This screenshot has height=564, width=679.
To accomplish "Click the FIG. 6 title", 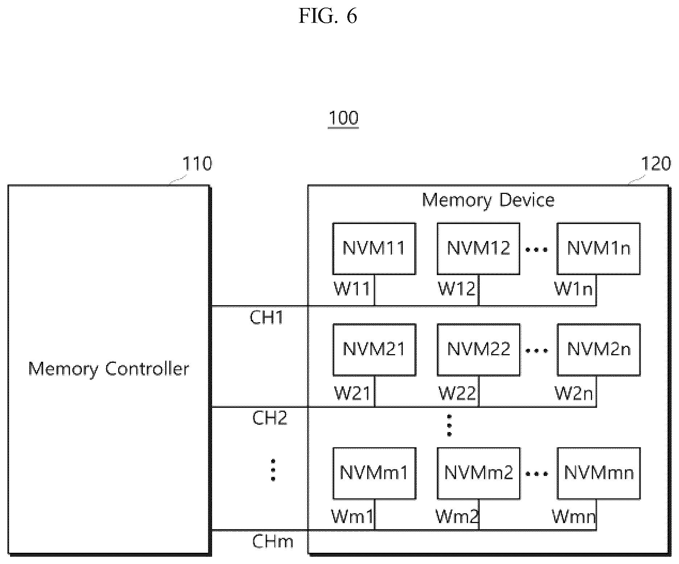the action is (328, 16).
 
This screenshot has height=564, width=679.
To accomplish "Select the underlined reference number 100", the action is (343, 119).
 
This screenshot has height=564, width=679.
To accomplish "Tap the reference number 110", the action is (197, 164).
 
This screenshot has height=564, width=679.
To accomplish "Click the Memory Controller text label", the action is (109, 369).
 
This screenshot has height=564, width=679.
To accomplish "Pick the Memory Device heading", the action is (488, 200).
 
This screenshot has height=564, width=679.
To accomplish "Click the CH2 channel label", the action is (270, 418).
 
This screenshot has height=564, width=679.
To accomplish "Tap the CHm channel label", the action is (273, 542).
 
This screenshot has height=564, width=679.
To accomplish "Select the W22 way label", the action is (457, 393).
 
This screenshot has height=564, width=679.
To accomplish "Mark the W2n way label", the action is (574, 393).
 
